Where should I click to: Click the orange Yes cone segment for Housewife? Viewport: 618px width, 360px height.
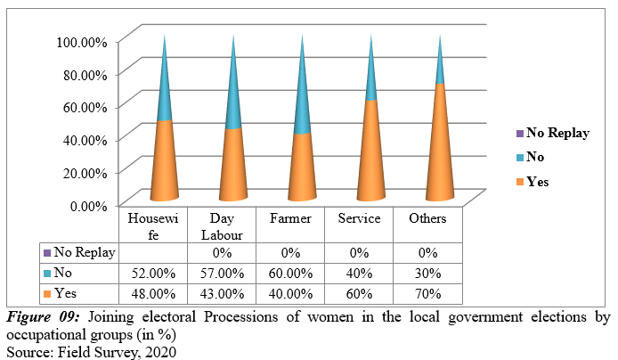click(x=163, y=165)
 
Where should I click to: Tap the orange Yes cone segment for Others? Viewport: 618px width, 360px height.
click(x=440, y=147)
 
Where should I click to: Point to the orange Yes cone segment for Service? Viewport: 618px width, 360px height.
click(x=370, y=156)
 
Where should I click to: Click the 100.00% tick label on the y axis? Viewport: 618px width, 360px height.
click(x=82, y=41)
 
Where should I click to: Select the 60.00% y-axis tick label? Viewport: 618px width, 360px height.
click(x=85, y=107)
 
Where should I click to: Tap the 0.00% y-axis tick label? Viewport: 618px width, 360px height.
click(x=88, y=206)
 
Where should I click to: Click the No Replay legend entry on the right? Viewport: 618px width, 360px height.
click(x=557, y=133)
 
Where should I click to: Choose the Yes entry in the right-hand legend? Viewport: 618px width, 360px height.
click(x=537, y=181)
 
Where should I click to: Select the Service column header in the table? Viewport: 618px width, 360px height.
click(x=360, y=219)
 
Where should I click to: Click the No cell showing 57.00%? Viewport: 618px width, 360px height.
click(x=223, y=273)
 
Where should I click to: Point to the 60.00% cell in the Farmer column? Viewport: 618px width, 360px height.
click(x=291, y=273)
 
